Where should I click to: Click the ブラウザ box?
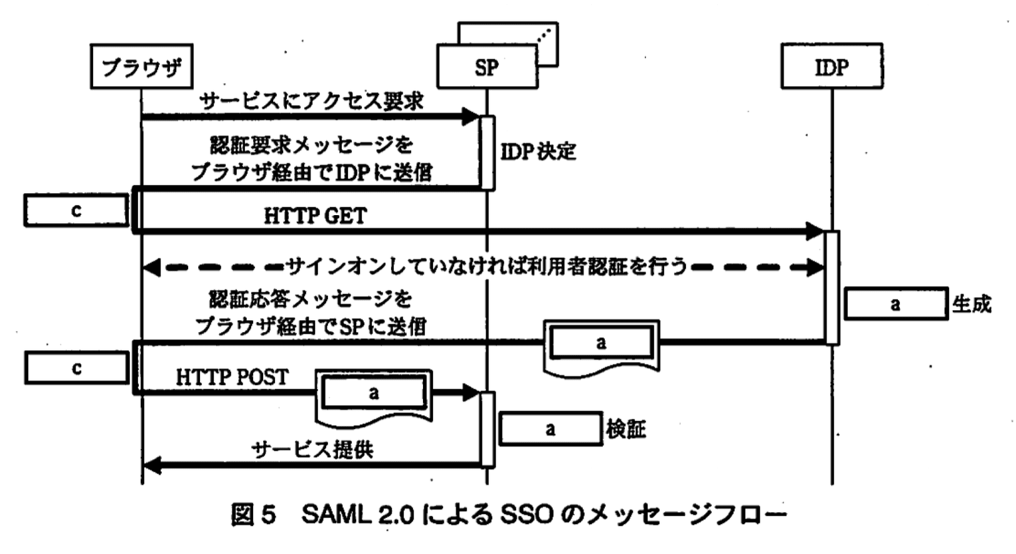pyautogui.click(x=141, y=66)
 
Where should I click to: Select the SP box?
pyautogui.click(x=487, y=66)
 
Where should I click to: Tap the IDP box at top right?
pyautogui.click(x=831, y=66)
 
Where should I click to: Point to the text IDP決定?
pyautogui.click(x=538, y=151)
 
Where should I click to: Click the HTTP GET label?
pyautogui.click(x=315, y=216)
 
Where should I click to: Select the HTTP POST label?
pyautogui.click(x=232, y=377)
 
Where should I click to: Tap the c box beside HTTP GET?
pyautogui.click(x=76, y=211)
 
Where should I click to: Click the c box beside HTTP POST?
pyautogui.click(x=76, y=368)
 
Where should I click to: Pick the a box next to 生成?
pyautogui.click(x=895, y=305)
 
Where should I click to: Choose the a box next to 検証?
pyautogui.click(x=550, y=429)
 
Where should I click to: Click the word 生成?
pyautogui.click(x=972, y=305)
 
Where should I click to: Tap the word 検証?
pyautogui.click(x=625, y=429)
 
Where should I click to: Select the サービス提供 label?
pyautogui.click(x=312, y=449)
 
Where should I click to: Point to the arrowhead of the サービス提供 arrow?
pyautogui.click(x=152, y=465)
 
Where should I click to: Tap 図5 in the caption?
pyautogui.click(x=253, y=515)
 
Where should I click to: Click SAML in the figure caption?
pyautogui.click(x=337, y=515)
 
